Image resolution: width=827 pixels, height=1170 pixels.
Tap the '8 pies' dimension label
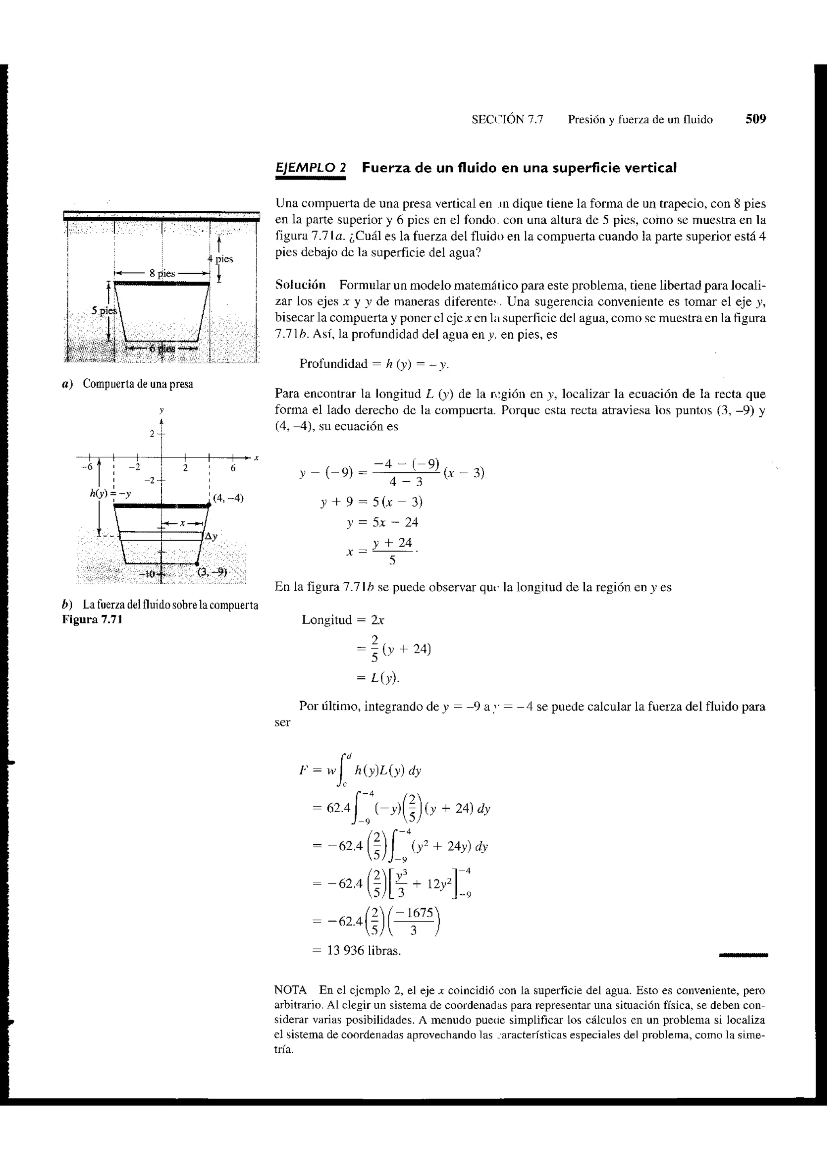[x=162, y=273]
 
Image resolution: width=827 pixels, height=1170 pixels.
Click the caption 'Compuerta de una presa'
[x=138, y=384]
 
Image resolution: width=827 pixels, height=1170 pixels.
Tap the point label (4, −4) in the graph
[x=228, y=498]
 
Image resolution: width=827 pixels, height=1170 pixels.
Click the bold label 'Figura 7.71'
[x=92, y=620]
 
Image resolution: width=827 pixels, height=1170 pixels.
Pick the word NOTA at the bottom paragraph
[x=290, y=990]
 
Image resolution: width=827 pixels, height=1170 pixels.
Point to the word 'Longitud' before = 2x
[x=327, y=620]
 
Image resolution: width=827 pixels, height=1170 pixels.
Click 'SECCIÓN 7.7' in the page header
[x=507, y=120]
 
